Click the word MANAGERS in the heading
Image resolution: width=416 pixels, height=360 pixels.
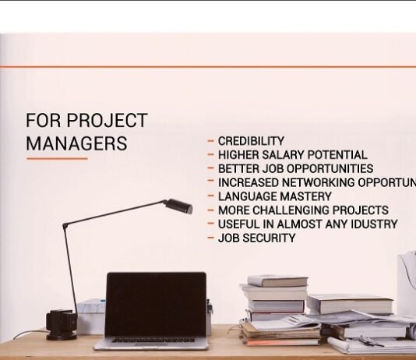pyautogui.click(x=76, y=143)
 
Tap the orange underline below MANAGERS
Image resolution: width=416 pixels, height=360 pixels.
pyautogui.click(x=57, y=159)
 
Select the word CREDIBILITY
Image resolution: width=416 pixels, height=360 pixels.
pyautogui.click(x=251, y=141)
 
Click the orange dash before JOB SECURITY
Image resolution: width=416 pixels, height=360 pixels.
pyautogui.click(x=211, y=238)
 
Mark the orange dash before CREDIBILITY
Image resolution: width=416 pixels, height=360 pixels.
pyautogui.click(x=211, y=141)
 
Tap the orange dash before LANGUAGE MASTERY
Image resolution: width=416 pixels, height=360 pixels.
pyautogui.click(x=211, y=196)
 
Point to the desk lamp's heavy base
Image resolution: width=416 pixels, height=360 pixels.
pyautogui.click(x=60, y=323)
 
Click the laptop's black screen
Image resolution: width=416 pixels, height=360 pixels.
pyautogui.click(x=156, y=305)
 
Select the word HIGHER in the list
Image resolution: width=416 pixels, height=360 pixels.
pyautogui.click(x=238, y=155)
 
